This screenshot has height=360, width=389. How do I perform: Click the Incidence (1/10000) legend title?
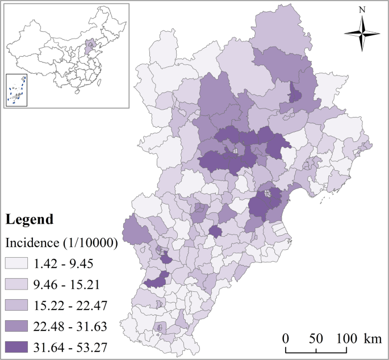point(61,242)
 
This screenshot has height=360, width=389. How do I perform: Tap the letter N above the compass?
point(362,10)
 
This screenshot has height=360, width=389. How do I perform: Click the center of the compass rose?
point(362,34)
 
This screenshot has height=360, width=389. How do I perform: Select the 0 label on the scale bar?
point(286,338)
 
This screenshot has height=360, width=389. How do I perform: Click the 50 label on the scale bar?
point(316,338)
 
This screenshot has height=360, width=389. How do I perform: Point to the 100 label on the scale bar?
point(346,338)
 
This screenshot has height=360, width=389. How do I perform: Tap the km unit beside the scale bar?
point(373,338)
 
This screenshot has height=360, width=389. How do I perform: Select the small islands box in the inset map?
point(17,90)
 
